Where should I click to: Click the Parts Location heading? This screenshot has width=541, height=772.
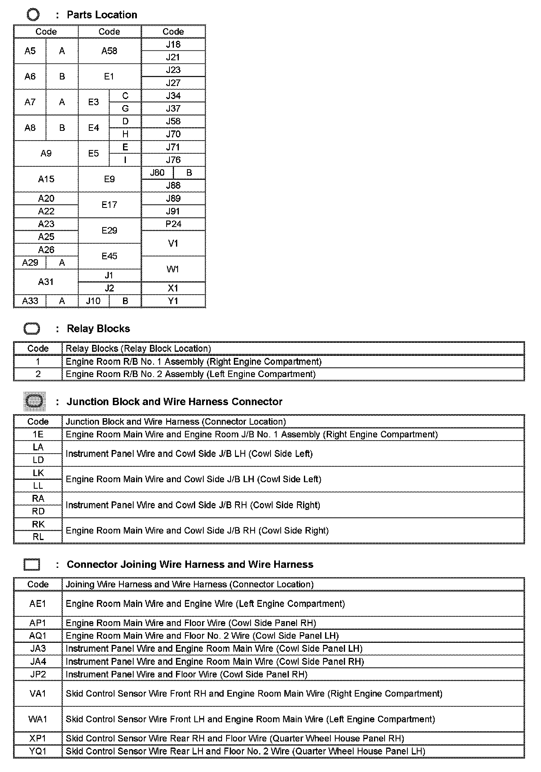[x=102, y=15]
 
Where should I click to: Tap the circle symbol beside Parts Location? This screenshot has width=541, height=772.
[x=33, y=15]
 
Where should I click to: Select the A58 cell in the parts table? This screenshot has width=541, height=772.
[x=109, y=51]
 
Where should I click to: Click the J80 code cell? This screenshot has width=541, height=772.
[x=157, y=172]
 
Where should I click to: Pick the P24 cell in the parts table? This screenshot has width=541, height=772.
[x=173, y=224]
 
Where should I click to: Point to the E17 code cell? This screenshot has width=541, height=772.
[x=109, y=205]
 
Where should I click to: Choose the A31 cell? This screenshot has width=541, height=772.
[x=46, y=282]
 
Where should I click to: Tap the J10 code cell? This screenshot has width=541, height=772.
[x=93, y=301]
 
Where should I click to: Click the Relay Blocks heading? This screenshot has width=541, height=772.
[x=98, y=329]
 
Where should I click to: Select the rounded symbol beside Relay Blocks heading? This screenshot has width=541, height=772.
[x=32, y=329]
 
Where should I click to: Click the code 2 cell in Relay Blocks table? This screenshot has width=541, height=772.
[x=38, y=374]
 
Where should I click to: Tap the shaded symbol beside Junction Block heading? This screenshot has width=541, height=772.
[x=35, y=401]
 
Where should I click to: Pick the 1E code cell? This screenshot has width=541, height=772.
[x=38, y=434]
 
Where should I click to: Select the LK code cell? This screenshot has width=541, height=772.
[x=38, y=473]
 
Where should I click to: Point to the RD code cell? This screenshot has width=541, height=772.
[x=38, y=511]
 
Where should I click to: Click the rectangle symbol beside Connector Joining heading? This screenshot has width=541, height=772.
[x=32, y=565]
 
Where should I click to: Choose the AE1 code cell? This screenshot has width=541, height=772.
[x=38, y=603]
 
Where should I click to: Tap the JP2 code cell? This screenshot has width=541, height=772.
[x=38, y=674]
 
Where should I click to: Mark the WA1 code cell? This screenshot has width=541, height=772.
[x=38, y=719]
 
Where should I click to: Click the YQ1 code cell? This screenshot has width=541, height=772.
[x=38, y=751]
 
